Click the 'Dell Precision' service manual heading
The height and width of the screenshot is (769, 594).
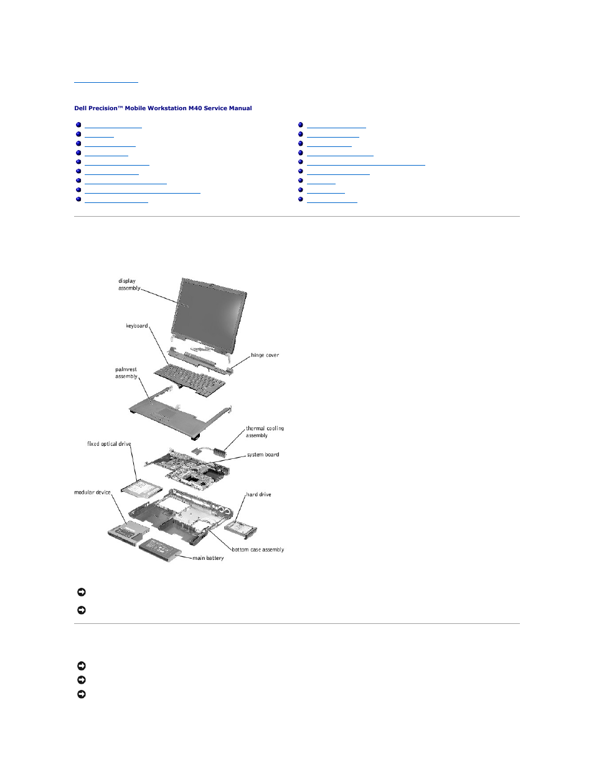pos(163,108)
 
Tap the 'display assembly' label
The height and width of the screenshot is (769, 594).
pos(129,285)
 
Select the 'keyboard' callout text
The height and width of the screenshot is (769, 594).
pos(137,326)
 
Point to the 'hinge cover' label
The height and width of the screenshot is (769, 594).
pos(265,356)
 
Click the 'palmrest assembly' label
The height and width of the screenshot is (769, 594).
pos(126,373)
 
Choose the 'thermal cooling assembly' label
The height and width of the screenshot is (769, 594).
pos(264,432)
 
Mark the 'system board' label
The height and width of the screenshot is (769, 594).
pos(263,455)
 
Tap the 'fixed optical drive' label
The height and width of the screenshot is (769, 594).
pos(109,444)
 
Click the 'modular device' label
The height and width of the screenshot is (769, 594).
pos(92,493)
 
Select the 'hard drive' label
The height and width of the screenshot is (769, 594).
pos(258,494)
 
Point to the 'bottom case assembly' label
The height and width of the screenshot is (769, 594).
pos(258,550)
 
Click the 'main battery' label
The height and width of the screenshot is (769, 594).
pos(208,558)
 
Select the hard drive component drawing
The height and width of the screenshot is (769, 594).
pos(239,529)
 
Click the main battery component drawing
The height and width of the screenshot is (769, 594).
pos(159,549)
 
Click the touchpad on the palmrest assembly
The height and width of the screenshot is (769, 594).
pos(166,413)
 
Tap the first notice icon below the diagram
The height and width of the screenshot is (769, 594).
pos(81,592)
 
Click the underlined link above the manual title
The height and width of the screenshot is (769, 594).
pos(106,82)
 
